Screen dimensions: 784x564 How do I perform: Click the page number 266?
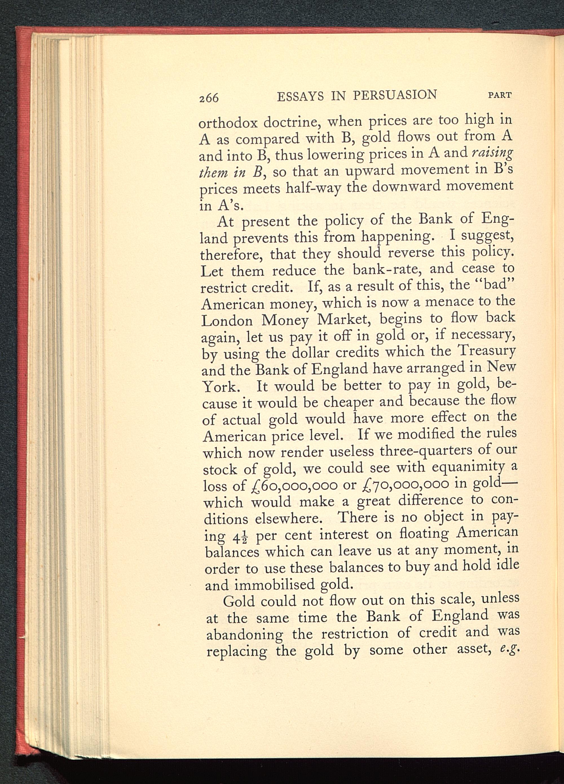(209, 98)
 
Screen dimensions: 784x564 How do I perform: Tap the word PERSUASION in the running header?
(395, 95)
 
